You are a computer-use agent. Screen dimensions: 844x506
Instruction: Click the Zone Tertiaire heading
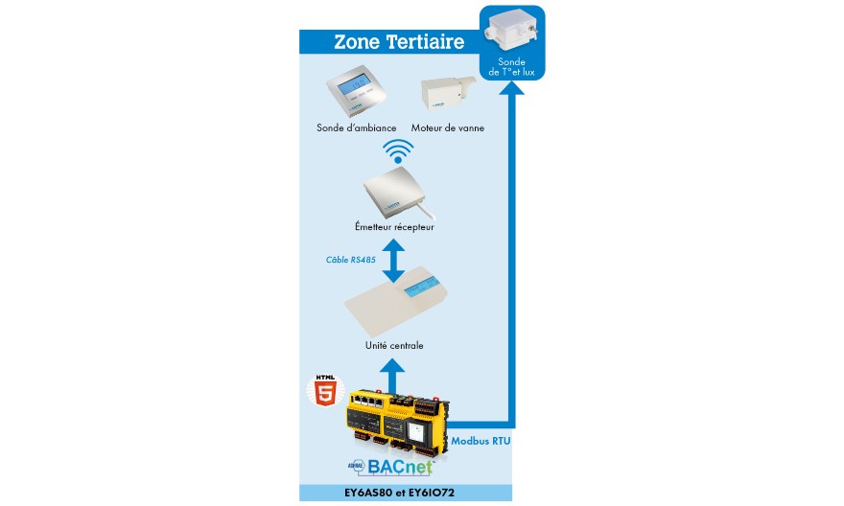pyautogui.click(x=399, y=42)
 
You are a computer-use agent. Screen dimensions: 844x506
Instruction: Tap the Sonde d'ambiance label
pyautogui.click(x=357, y=128)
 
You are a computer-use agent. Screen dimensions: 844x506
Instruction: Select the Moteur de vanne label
pyautogui.click(x=447, y=128)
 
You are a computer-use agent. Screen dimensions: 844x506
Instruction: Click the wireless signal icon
pyautogui.click(x=398, y=151)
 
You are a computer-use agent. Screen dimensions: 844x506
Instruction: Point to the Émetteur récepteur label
pyautogui.click(x=394, y=227)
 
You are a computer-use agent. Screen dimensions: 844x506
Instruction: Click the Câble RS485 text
pyautogui.click(x=350, y=260)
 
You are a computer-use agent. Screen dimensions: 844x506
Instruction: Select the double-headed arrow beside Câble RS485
pyautogui.click(x=393, y=261)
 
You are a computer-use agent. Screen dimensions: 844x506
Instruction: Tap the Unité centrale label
pyautogui.click(x=394, y=346)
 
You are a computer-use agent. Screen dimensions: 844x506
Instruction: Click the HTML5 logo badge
pyautogui.click(x=325, y=390)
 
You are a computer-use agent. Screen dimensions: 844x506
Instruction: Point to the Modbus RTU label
pyautogui.click(x=481, y=441)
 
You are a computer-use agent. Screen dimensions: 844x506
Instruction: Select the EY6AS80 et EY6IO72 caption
pyautogui.click(x=399, y=493)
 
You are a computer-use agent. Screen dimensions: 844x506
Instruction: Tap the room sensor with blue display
pyautogui.click(x=357, y=90)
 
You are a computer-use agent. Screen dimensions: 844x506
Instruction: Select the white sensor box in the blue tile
pyautogui.click(x=511, y=32)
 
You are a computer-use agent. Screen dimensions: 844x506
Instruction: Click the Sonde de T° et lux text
pyautogui.click(x=511, y=67)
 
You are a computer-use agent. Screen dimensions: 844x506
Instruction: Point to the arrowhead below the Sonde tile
pyautogui.click(x=511, y=87)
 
